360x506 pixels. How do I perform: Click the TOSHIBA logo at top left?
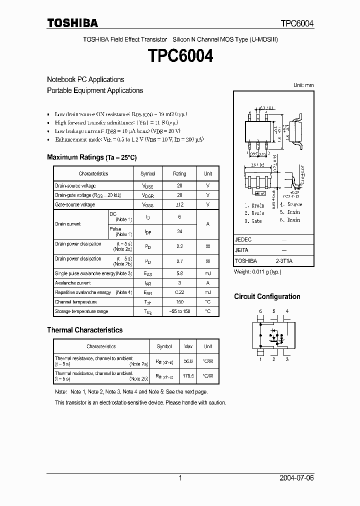point(72,23)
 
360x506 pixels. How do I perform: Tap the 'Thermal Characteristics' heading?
point(84,330)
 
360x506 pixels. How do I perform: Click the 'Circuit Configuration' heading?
point(267,296)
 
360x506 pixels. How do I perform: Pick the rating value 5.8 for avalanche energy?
point(179,273)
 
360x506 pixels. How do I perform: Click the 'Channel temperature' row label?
point(76,302)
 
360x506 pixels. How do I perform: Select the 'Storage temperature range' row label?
point(81,311)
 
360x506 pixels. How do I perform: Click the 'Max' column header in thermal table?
point(188,346)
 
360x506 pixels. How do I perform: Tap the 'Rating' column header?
point(179,173)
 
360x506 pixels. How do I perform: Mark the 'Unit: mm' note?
point(303,85)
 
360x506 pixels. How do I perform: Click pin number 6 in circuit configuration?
point(260,311)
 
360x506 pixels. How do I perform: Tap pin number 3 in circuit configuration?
point(287,359)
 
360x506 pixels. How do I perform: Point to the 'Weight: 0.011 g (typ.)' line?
point(257,271)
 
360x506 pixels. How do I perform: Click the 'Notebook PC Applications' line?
point(85,79)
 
